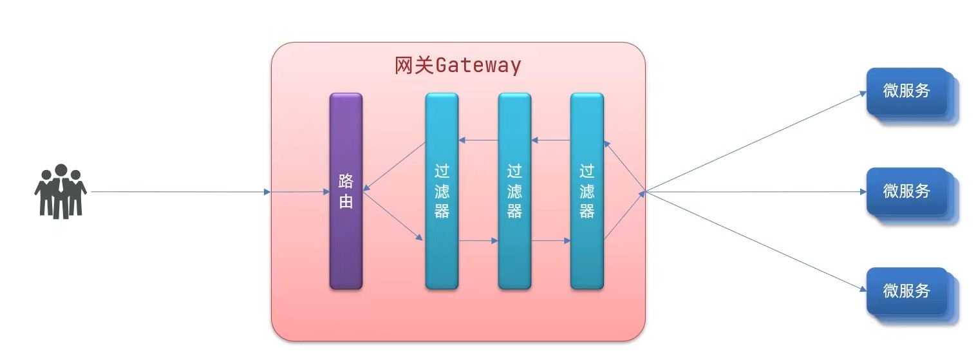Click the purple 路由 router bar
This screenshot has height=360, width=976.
pos(346,191)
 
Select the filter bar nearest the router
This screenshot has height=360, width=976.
pos(442,191)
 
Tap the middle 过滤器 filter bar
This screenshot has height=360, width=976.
pos(514,191)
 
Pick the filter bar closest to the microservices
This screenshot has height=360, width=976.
pos(587,191)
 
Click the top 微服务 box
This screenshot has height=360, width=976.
pos(907,91)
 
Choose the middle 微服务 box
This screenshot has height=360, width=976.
pos(907,191)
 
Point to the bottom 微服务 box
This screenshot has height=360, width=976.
pos(907,291)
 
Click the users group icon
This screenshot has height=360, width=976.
pos(61,191)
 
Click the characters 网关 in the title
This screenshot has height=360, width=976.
pos(415,66)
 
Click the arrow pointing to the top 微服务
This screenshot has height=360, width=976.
pos(756,142)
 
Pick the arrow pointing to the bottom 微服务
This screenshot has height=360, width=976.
pos(756,242)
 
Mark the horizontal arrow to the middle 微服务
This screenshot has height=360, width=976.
pos(756,192)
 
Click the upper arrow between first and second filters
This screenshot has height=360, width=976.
pos(478,140)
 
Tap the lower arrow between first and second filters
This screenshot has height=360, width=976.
pos(478,241)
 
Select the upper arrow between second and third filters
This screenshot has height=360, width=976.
pos(551,140)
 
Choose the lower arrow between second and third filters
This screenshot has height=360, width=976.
pos(551,241)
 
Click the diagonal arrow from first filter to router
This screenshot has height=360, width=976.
pos(394,167)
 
